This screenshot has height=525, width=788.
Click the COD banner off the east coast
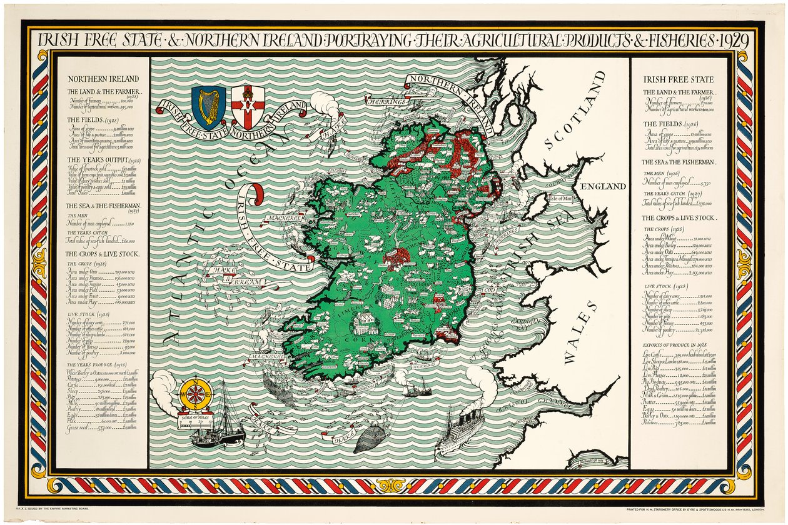[x=490, y=292]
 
